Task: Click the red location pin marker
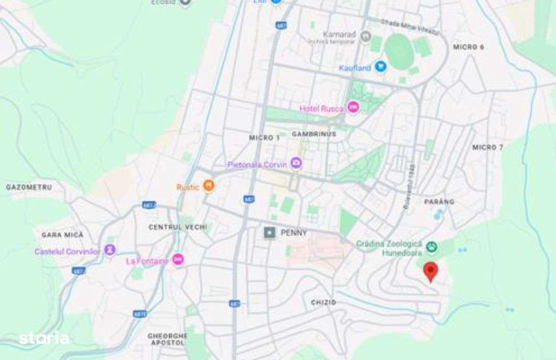pyautogui.click(x=430, y=271)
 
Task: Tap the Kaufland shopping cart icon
pyautogui.click(x=381, y=67)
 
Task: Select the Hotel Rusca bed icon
pyautogui.click(x=354, y=108)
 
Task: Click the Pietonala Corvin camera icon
pyautogui.click(x=297, y=164)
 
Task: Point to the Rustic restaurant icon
pyautogui.click(x=209, y=185)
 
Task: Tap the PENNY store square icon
pyautogui.click(x=269, y=233)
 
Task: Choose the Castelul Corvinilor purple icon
pyautogui.click(x=110, y=250)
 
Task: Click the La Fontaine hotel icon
pyautogui.click(x=178, y=260)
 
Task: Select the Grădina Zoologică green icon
pyautogui.click(x=432, y=246)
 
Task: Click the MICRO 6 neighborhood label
pyautogui.click(x=468, y=47)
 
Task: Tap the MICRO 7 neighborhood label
pyautogui.click(x=487, y=148)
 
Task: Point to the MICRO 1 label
pyautogui.click(x=264, y=138)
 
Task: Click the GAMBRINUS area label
pyautogui.click(x=314, y=134)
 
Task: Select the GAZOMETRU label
pyautogui.click(x=29, y=187)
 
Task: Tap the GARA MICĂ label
pyautogui.click(x=62, y=235)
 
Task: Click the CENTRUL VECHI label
pyautogui.click(x=178, y=227)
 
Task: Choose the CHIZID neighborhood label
pyautogui.click(x=323, y=302)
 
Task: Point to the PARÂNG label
pyautogui.click(x=439, y=201)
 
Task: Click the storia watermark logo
pyautogui.click(x=44, y=339)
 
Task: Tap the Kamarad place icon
pyautogui.click(x=366, y=36)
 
